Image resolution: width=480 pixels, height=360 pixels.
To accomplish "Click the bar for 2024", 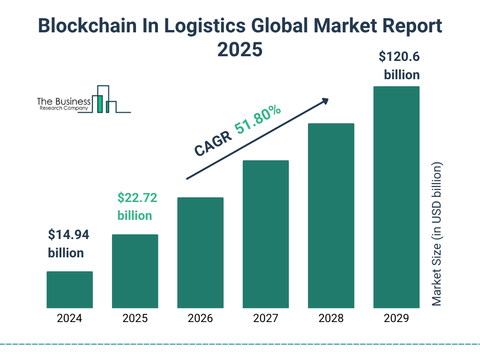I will [x=69, y=290].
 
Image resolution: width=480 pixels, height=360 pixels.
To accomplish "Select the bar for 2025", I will [x=135, y=271].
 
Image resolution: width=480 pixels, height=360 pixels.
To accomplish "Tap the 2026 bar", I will [x=200, y=253].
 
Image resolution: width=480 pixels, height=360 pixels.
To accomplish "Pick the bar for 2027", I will [x=265, y=234].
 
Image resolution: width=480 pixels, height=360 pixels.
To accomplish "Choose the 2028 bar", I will [x=331, y=216].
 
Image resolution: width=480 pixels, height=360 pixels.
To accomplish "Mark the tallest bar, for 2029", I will [x=396, y=197].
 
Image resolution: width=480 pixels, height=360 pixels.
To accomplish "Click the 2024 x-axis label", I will [x=69, y=319].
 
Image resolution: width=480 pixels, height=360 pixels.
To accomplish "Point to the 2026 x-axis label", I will [x=200, y=319].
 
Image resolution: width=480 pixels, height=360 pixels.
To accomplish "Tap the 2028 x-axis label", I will [x=331, y=319].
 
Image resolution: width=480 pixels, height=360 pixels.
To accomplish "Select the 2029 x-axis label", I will [x=396, y=319].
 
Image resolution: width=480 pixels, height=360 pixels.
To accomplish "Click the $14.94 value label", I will [x=68, y=235].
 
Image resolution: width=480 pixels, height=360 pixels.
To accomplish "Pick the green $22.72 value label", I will [x=137, y=198].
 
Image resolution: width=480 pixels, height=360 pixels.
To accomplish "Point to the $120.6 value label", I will [x=399, y=57].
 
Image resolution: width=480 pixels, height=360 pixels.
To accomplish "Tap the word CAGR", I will [x=213, y=144].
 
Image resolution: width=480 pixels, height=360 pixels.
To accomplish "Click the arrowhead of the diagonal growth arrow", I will [x=325, y=101].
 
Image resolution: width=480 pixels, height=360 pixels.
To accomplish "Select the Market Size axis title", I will [x=437, y=234].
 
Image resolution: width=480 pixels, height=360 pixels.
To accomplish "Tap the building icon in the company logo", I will [x=105, y=99].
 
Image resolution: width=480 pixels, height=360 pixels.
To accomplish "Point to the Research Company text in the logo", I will [x=64, y=108].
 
